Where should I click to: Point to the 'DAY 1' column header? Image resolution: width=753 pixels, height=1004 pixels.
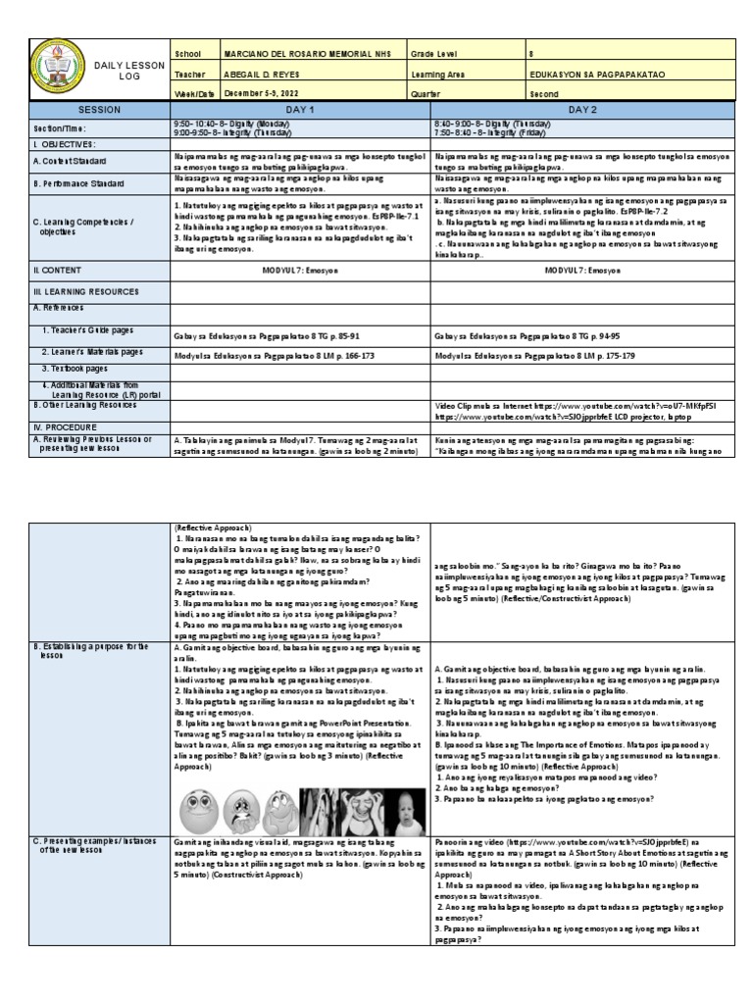(x=299, y=110)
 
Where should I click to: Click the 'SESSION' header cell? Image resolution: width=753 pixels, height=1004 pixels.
(x=99, y=110)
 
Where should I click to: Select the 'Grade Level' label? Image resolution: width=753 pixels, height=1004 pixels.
(x=438, y=53)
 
